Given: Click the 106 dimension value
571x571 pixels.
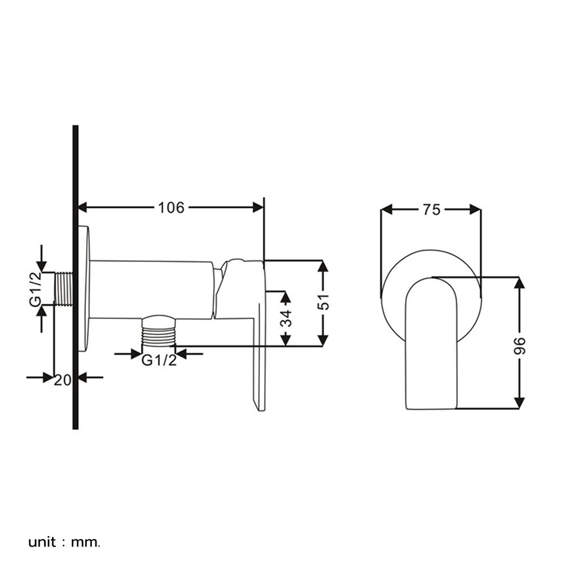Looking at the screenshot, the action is tap(171, 208).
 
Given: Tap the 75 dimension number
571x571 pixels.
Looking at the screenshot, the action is tap(432, 210).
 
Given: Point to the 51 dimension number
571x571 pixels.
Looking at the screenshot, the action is tap(323, 301).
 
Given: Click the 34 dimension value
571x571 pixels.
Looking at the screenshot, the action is tap(286, 318).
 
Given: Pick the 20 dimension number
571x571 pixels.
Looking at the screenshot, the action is tap(63, 380).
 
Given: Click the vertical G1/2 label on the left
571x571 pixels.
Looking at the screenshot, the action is tap(35, 289).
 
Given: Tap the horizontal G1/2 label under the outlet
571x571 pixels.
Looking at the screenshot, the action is tap(159, 360).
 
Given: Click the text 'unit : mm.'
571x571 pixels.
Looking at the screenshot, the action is tap(64, 542).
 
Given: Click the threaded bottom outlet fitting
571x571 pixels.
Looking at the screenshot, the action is tap(158, 331).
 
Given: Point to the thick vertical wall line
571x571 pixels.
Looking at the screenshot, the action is tap(76, 277).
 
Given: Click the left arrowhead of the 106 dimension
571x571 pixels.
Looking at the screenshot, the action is tap(83, 208).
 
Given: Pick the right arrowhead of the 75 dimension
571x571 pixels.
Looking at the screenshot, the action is tap(476, 210).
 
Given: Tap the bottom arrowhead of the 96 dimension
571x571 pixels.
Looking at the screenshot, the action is tap(519, 403).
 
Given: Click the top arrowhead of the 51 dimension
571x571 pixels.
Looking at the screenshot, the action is tap(323, 266).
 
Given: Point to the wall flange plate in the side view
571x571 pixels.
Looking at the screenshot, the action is tap(84, 289).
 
